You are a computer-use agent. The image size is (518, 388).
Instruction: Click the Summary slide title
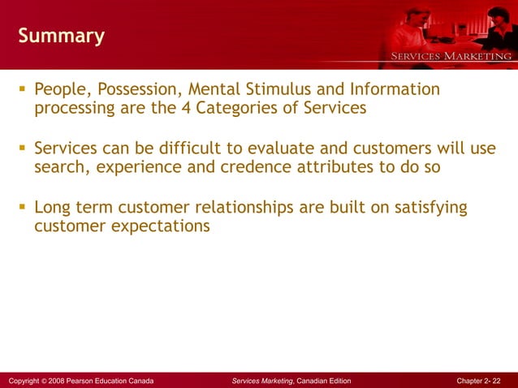(x=61, y=37)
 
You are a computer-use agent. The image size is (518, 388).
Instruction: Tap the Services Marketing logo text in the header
(x=452, y=56)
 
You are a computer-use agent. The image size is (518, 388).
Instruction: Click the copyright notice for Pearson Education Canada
(x=80, y=380)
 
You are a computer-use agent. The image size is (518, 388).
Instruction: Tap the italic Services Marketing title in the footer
(x=262, y=380)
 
